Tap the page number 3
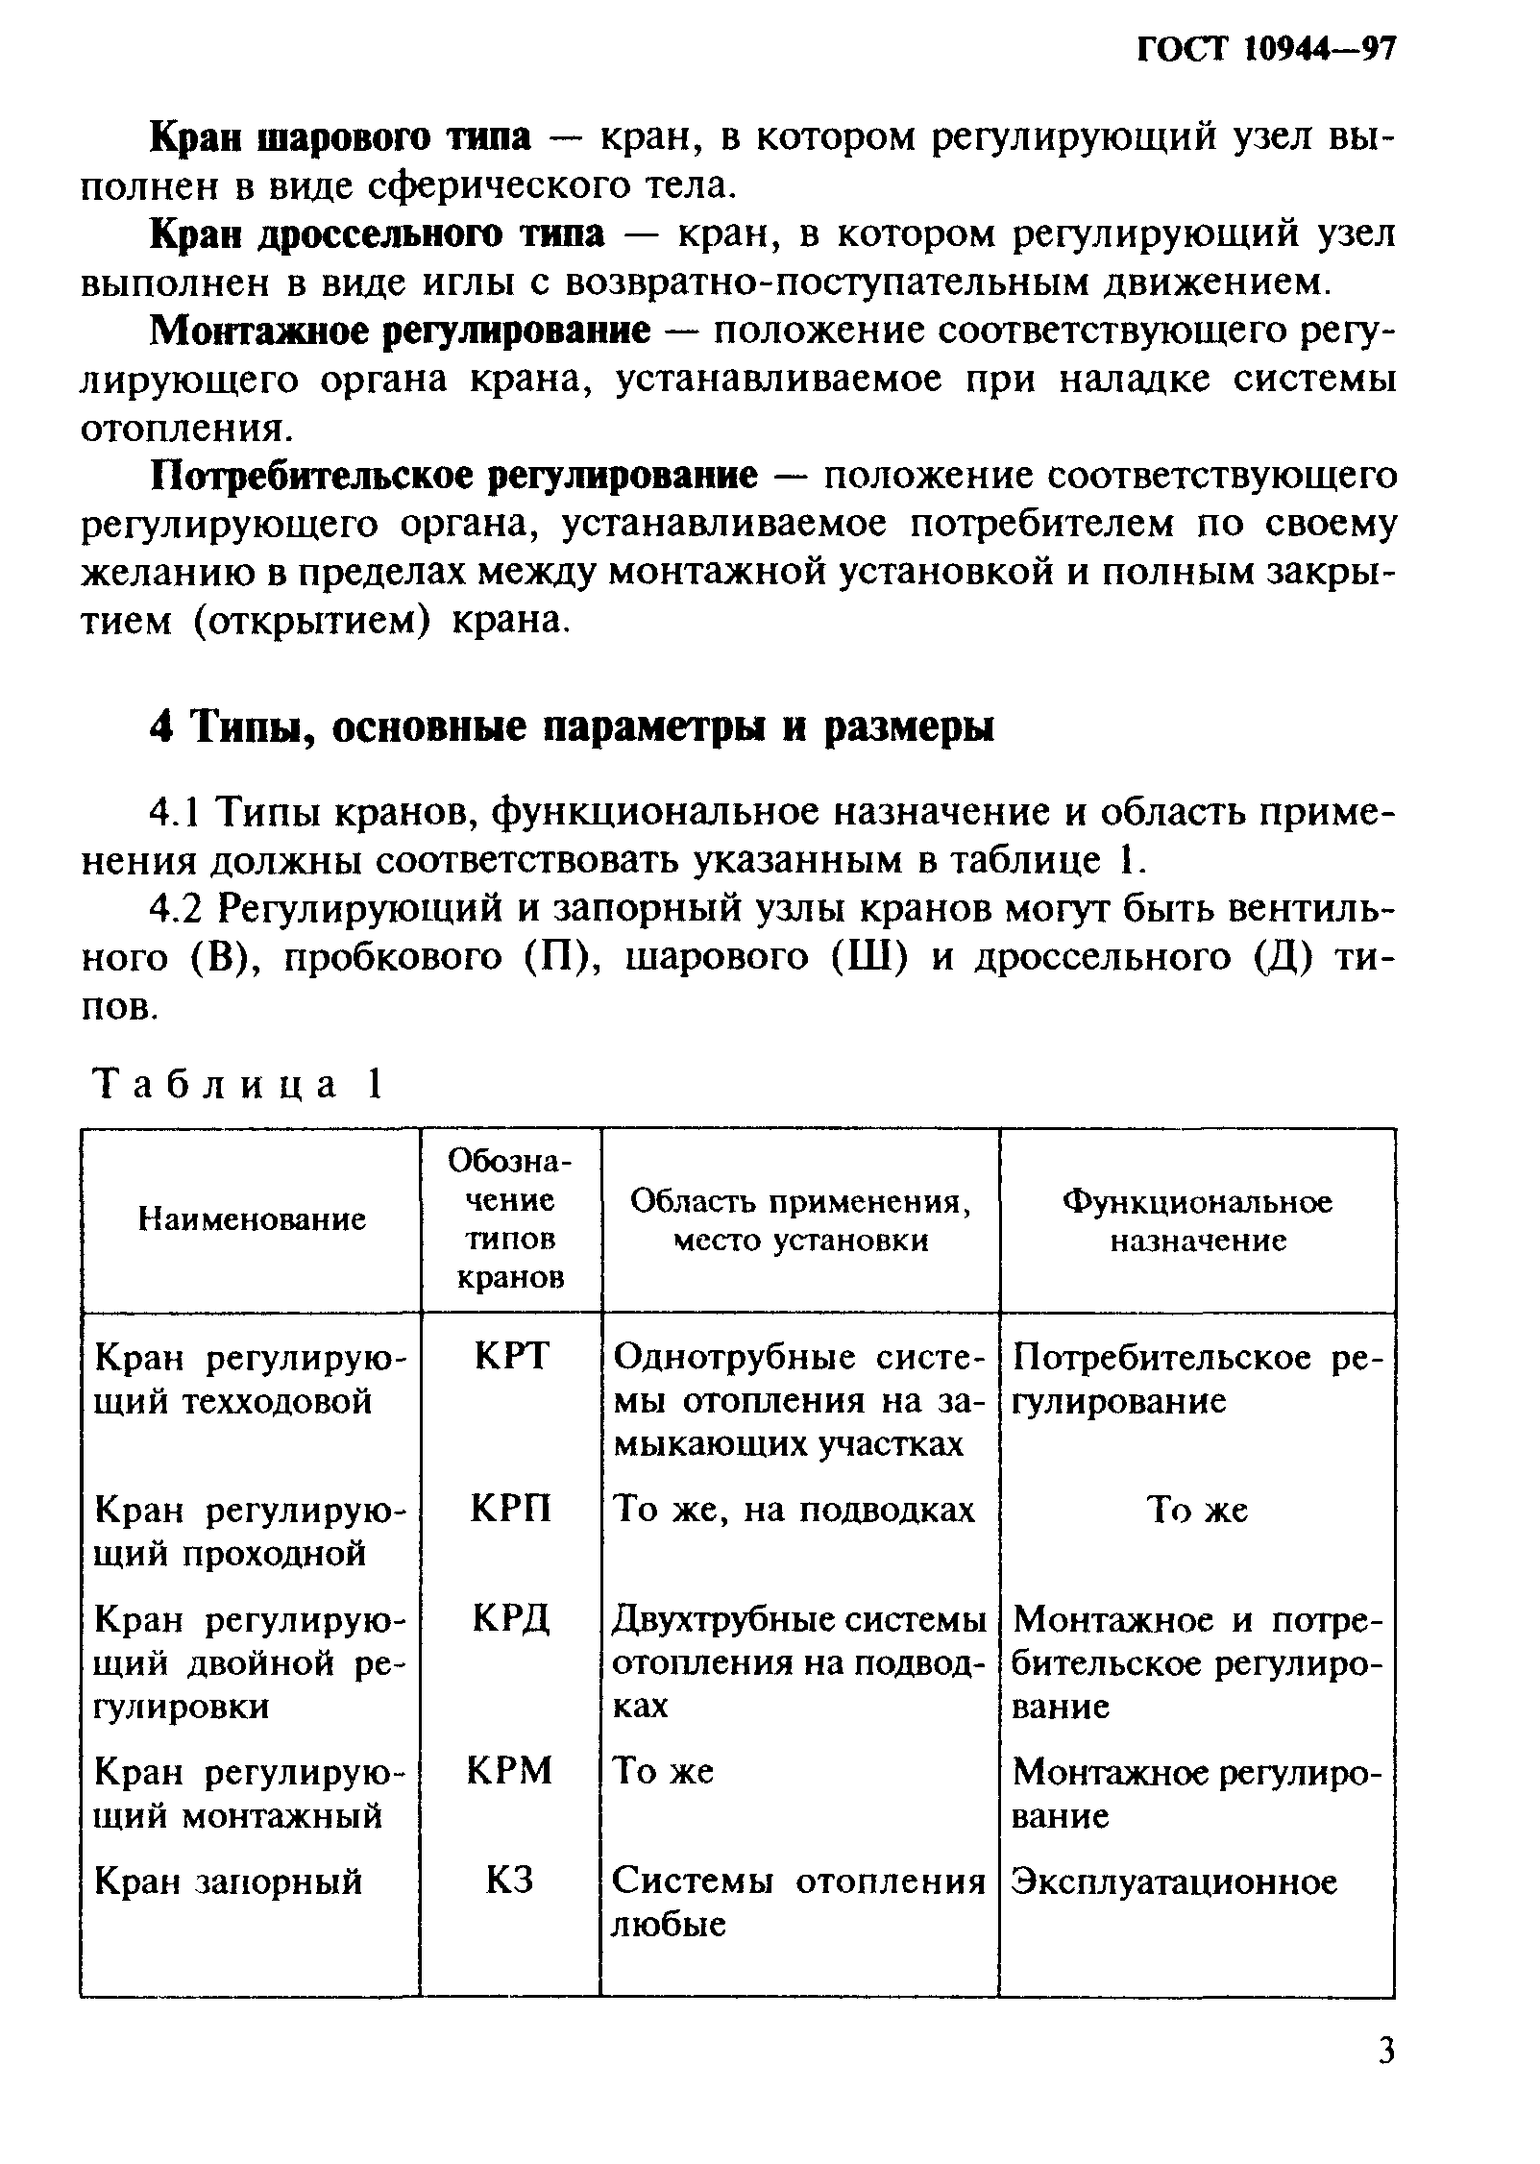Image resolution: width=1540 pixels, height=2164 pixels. tap(1384, 2078)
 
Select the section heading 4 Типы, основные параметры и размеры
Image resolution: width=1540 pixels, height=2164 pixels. tap(572, 726)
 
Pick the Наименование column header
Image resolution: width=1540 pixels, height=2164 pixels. tap(253, 1219)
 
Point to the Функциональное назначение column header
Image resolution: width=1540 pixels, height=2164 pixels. tap(1197, 1220)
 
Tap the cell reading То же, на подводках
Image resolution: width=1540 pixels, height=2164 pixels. tap(794, 1510)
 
